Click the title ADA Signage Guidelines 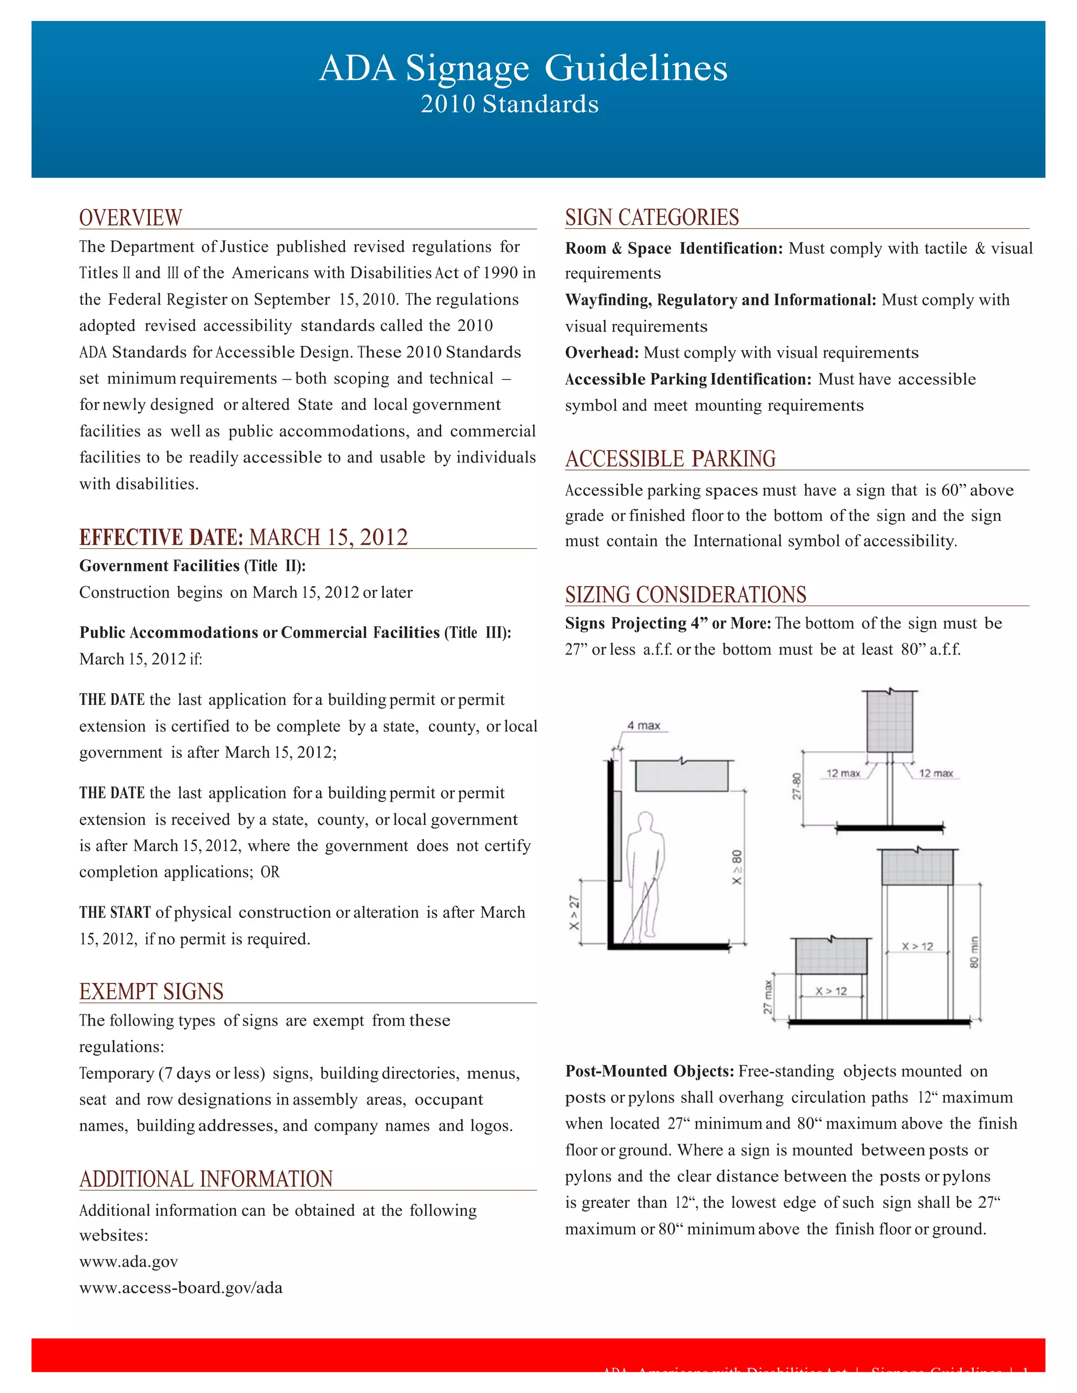pos(523,68)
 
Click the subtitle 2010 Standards pos(509,104)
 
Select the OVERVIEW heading pos(131,218)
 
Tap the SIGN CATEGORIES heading pos(652,217)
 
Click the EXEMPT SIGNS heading pos(151,991)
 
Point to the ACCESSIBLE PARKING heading pos(670,458)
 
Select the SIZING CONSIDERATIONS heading pos(685,595)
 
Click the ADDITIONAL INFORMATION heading pos(206,1179)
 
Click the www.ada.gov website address pos(128,1261)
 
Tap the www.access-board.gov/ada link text pos(180,1287)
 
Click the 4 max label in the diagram pos(643,725)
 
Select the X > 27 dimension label pos(574,912)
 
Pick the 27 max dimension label pos(768,997)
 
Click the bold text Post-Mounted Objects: pos(649,1071)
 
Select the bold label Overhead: pos(602,353)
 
